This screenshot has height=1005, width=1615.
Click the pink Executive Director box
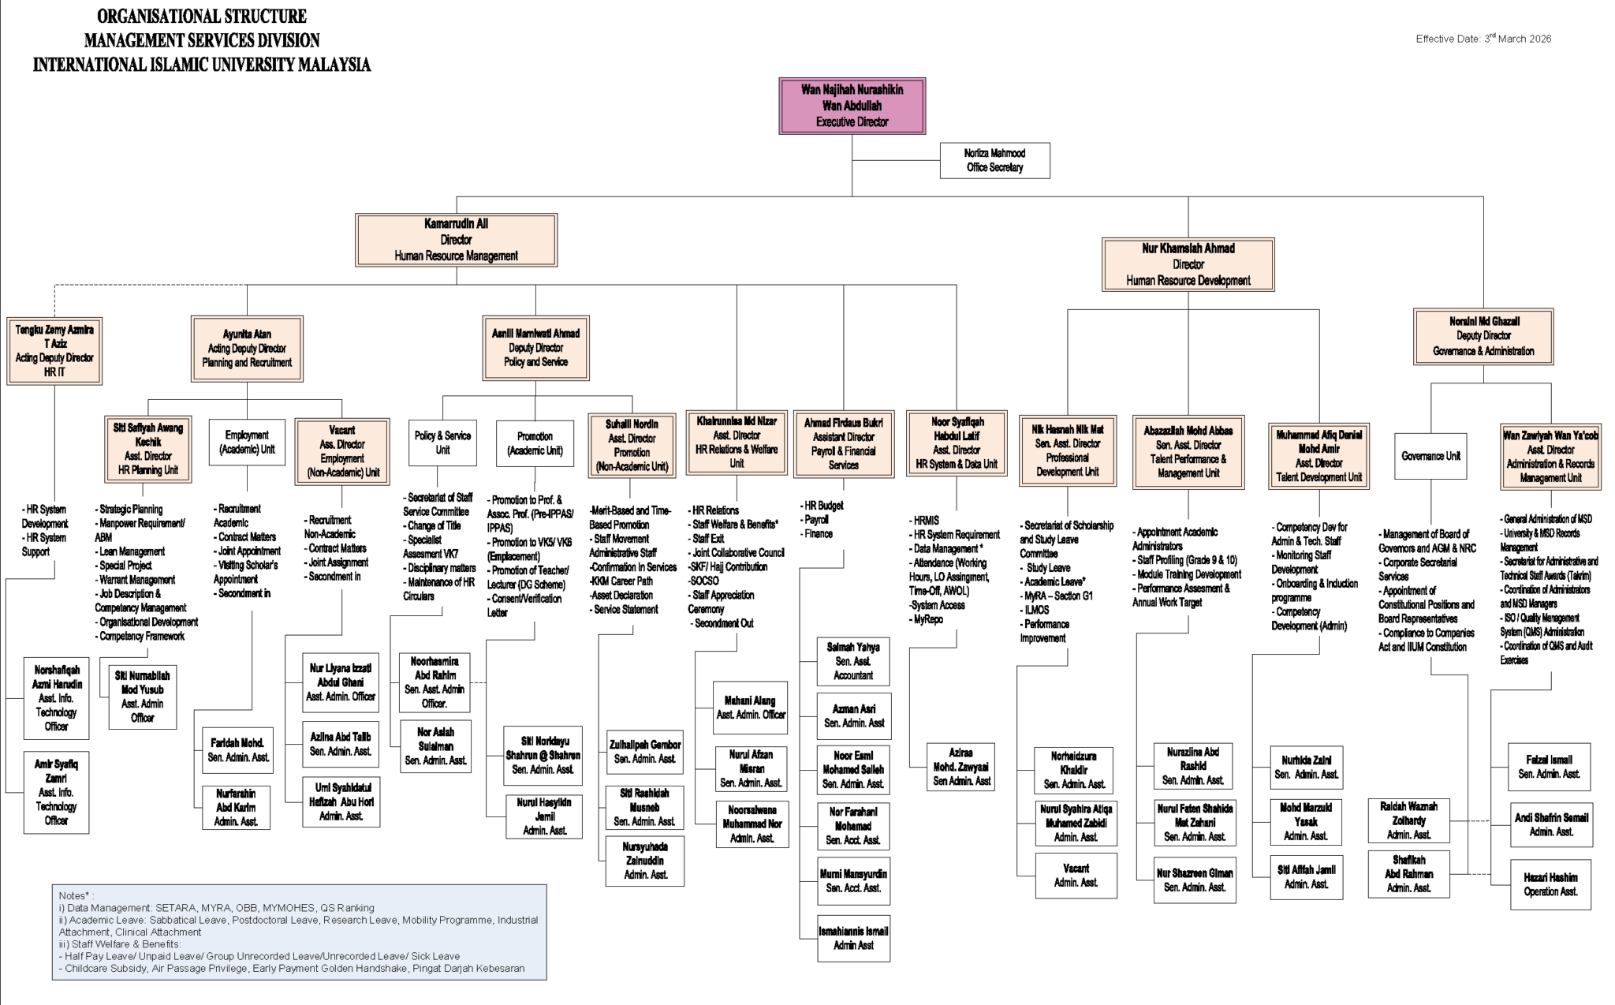[x=852, y=106]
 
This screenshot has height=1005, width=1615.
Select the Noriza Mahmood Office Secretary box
[x=994, y=160]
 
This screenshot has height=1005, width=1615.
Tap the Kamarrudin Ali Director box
[x=456, y=240]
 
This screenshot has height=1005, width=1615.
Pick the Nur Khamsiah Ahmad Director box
[x=1188, y=264]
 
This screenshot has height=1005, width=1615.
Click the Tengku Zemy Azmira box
[x=54, y=351]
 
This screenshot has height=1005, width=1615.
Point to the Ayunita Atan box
[x=247, y=349]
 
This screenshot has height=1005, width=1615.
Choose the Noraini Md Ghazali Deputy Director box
[x=1483, y=336]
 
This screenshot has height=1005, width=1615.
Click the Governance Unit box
[x=1430, y=456]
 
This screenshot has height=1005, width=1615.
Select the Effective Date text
[x=1483, y=39]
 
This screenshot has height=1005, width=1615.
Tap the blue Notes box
[x=299, y=932]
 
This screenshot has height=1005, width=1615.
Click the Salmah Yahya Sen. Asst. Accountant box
[x=853, y=661]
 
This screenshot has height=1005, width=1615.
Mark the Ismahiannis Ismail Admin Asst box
[x=853, y=938]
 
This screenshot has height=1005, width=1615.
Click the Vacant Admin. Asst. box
[x=1076, y=876]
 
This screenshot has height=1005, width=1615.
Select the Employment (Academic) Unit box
[x=247, y=443]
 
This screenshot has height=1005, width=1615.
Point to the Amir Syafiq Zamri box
[x=56, y=792]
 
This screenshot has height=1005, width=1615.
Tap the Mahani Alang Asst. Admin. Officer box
[x=750, y=708]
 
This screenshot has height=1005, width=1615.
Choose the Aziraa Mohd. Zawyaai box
[x=960, y=766]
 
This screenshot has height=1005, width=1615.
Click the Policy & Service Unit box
[x=442, y=443]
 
